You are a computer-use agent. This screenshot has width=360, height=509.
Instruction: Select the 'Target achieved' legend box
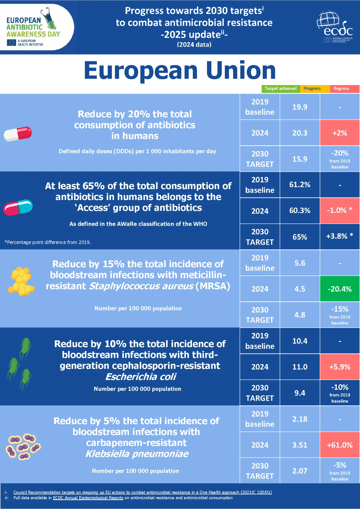281,89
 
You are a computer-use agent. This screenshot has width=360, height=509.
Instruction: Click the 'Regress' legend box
341,89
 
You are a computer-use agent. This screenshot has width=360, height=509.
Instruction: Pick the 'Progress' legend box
312,89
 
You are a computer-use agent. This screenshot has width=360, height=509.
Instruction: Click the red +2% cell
340,133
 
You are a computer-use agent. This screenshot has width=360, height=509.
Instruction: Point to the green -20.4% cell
340,289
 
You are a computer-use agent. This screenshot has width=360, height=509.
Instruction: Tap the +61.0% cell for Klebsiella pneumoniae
340,445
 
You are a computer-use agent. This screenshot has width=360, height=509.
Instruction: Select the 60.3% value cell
300,211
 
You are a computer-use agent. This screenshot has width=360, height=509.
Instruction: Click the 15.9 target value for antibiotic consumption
300,159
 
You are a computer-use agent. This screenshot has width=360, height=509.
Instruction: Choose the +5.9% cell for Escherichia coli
340,367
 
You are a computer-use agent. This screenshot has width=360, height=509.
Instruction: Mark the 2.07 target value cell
300,471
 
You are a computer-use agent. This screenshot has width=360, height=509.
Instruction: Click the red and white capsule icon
18,134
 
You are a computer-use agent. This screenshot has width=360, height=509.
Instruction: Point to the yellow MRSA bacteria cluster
21,281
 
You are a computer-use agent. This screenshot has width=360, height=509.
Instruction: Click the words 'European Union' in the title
180,71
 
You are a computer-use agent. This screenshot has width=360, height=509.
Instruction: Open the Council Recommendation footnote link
142,492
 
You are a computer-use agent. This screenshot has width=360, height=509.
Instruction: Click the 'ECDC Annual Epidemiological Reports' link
88,498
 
